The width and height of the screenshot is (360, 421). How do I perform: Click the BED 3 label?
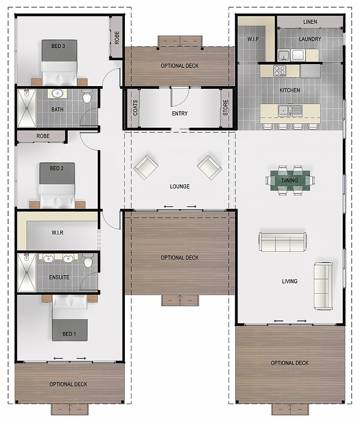58,46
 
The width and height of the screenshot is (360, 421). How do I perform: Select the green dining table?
290,181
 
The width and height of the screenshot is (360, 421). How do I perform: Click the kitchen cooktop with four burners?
280,70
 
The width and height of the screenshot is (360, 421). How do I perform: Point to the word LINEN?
310,22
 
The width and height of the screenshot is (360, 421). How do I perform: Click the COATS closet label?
135,108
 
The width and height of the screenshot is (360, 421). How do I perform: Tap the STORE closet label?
226,108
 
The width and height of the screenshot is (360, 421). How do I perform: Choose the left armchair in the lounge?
146,167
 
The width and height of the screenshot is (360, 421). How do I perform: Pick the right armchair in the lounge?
209,167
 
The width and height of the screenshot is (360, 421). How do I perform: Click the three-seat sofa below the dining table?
283,242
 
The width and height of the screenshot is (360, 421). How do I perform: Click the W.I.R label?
58,232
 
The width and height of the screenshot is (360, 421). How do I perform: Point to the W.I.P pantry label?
253,39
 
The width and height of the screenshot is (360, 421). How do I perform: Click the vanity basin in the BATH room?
57,94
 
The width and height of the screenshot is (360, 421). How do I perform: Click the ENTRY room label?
180,114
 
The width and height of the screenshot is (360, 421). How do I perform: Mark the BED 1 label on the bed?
69,334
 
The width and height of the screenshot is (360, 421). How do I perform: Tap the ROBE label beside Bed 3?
117,37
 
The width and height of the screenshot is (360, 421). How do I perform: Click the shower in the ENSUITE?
27,273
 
